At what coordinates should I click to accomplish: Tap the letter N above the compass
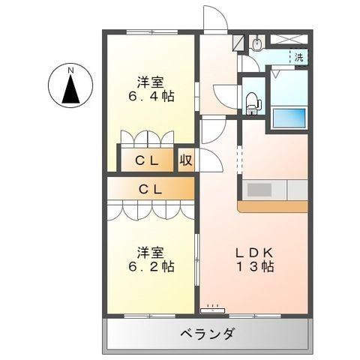(71, 71)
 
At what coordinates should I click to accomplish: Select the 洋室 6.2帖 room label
(151, 259)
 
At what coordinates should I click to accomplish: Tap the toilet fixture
(253, 100)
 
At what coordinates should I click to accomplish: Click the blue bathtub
(289, 119)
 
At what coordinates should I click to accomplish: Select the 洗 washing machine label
(298, 58)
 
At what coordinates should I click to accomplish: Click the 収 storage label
(186, 160)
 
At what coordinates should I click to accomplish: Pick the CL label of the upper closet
(146, 160)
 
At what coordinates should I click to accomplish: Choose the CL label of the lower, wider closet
(150, 189)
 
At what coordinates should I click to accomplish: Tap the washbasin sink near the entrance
(257, 43)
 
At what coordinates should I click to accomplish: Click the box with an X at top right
(288, 39)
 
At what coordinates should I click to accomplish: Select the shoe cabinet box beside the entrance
(237, 42)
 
